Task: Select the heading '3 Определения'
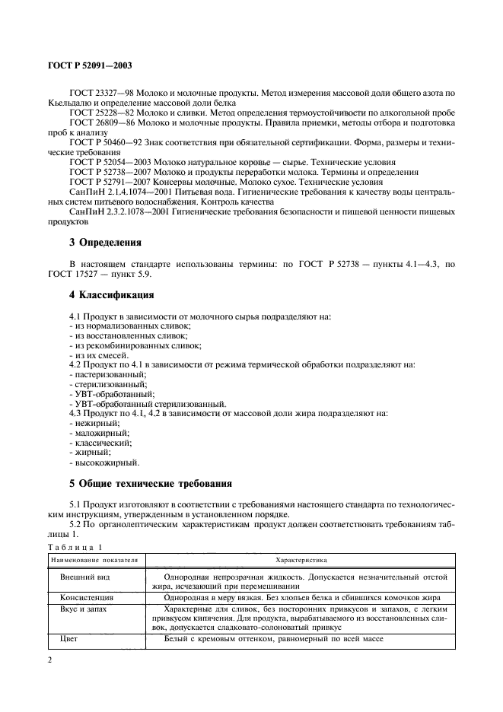point(106,243)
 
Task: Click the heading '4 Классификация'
point(112,294)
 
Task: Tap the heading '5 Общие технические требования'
point(151,483)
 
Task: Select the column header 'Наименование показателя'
point(94,560)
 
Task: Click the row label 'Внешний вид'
point(80,577)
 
